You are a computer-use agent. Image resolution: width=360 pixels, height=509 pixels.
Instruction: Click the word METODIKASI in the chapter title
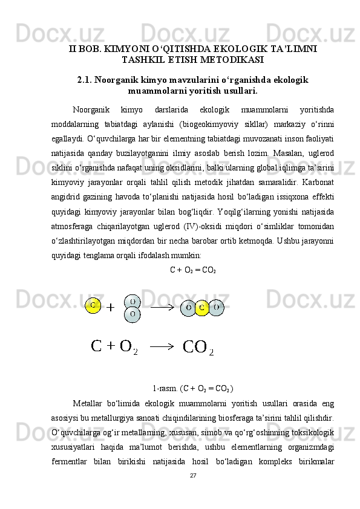[232, 60]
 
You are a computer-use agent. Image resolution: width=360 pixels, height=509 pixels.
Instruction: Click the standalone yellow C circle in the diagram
[93, 305]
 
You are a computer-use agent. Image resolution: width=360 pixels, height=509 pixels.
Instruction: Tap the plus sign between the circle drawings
[111, 308]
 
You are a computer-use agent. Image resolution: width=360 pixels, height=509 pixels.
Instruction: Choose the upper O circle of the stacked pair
[133, 300]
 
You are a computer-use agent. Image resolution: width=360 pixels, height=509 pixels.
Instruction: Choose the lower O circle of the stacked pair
[133, 314]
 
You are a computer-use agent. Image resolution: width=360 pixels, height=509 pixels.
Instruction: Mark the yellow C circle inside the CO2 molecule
[201, 308]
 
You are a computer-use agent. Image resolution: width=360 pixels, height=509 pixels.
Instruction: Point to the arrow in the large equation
[162, 346]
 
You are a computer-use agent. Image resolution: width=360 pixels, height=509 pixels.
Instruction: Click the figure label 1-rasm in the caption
[164, 388]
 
